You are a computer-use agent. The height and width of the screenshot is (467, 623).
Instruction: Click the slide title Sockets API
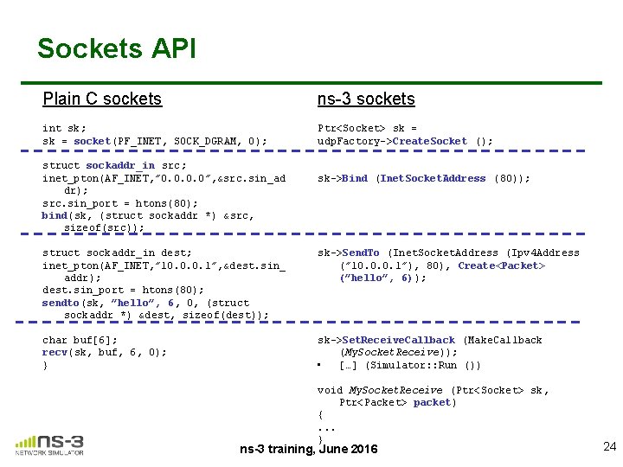[x=117, y=48]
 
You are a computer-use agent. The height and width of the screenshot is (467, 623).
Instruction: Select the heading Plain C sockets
[x=102, y=99]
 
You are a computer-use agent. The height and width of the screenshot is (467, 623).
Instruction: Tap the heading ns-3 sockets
[x=366, y=99]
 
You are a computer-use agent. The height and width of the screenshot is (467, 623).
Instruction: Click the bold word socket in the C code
[x=92, y=141]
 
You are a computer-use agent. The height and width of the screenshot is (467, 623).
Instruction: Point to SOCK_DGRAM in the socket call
[x=204, y=141]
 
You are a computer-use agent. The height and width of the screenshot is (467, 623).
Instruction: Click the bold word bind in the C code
[x=55, y=215]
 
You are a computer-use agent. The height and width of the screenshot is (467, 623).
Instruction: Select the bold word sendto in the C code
[x=61, y=303]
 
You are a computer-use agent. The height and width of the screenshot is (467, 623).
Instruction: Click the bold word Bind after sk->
[x=355, y=178]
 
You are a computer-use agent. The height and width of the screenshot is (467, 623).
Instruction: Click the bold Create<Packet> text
[x=502, y=265]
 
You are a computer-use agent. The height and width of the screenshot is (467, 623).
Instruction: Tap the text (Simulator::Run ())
[x=423, y=365]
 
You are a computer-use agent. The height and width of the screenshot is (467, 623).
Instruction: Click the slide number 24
[x=609, y=446]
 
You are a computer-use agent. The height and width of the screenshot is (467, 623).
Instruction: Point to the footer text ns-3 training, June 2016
[x=309, y=449]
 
